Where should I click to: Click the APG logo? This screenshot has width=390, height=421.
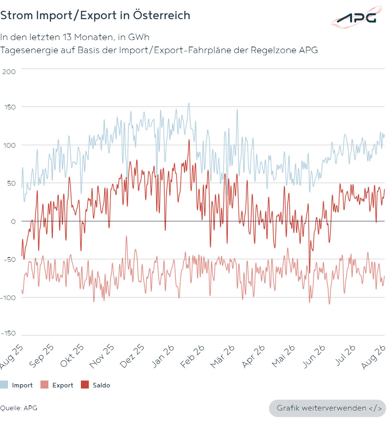pyautogui.click(x=356, y=17)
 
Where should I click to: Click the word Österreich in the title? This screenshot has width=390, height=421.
pyautogui.click(x=162, y=15)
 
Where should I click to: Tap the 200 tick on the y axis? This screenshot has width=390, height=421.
pyautogui.click(x=9, y=72)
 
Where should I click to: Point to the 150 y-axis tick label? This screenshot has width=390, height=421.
pyautogui.click(x=10, y=107)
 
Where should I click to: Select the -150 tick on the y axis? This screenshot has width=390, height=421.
pyautogui.click(x=8, y=333)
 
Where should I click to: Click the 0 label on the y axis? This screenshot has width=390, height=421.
pyautogui.click(x=13, y=221)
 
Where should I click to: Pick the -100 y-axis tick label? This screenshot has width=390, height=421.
pyautogui.click(x=8, y=298)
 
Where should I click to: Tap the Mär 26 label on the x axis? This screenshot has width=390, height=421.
pyautogui.click(x=222, y=356)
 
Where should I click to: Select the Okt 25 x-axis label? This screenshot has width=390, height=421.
pyautogui.click(x=72, y=356)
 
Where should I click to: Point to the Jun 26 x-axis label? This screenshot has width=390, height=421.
pyautogui.click(x=314, y=356)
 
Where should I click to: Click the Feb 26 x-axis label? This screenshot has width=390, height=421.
pyautogui.click(x=192, y=356)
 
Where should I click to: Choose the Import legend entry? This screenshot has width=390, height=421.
pyautogui.click(x=16, y=385)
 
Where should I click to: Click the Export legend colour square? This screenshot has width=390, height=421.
pyautogui.click(x=44, y=385)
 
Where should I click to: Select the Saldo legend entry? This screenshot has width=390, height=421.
pyautogui.click(x=96, y=385)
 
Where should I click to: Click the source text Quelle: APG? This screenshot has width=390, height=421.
pyautogui.click(x=18, y=408)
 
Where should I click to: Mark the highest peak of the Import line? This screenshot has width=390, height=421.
pyautogui.click(x=189, y=103)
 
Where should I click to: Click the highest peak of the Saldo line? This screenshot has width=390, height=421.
pyautogui.click(x=189, y=140)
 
